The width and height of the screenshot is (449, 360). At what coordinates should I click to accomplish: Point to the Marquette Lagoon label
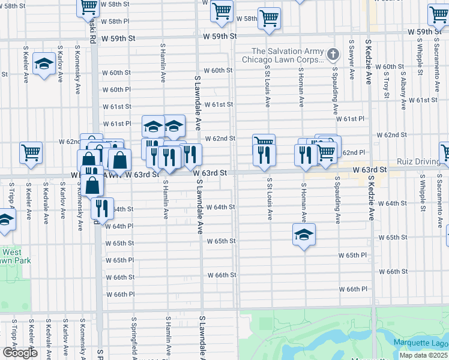(x=420, y=343)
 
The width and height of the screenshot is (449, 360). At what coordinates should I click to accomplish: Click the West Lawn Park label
(x=15, y=256)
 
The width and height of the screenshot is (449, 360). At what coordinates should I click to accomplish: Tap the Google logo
(x=20, y=353)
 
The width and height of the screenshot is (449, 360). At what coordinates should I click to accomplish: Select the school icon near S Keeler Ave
(x=44, y=65)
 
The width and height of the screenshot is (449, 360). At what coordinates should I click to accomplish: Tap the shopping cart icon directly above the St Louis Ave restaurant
(x=264, y=143)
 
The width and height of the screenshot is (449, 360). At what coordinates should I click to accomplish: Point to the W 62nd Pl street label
(x=354, y=153)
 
